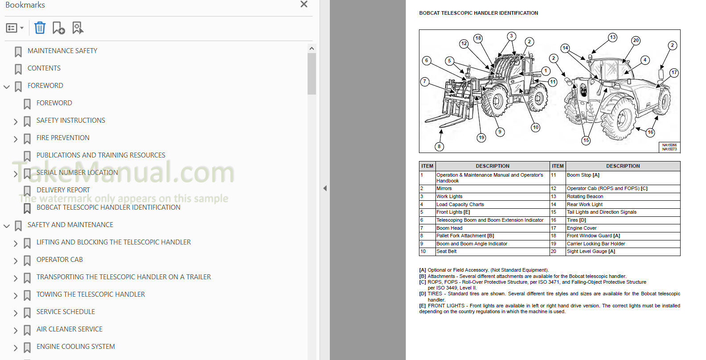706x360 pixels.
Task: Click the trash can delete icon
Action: pos(40,28)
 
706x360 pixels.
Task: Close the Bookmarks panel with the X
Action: pos(304,4)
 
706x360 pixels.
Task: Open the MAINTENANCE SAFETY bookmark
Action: pos(62,51)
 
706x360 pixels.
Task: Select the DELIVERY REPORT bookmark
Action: pos(63,190)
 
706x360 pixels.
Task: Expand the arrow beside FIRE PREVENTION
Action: pos(16,139)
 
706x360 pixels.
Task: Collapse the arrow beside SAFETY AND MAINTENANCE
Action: pos(7,226)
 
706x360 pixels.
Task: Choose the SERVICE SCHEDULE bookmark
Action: pos(66,312)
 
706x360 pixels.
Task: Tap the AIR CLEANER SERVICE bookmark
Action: pos(70,329)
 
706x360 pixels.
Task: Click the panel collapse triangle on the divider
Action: pos(325,188)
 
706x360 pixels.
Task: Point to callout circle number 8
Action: pos(439,146)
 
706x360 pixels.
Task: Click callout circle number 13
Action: pos(612,37)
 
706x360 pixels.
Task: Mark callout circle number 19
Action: pos(481,137)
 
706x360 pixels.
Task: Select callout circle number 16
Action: pos(651,132)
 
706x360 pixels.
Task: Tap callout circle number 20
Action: pos(636,41)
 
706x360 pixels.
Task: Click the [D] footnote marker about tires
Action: pos(423,294)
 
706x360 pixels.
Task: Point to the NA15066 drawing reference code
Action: pos(669,145)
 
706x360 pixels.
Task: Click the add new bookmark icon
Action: pos(59,28)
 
